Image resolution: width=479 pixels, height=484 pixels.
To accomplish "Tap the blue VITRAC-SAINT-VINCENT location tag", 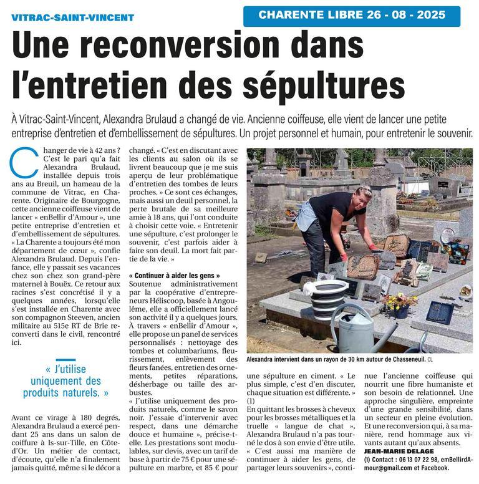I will [x=73, y=17].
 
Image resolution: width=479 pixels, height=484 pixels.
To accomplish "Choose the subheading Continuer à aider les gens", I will [x=173, y=275].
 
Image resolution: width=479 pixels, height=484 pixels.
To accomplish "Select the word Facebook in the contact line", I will [x=443, y=468].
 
